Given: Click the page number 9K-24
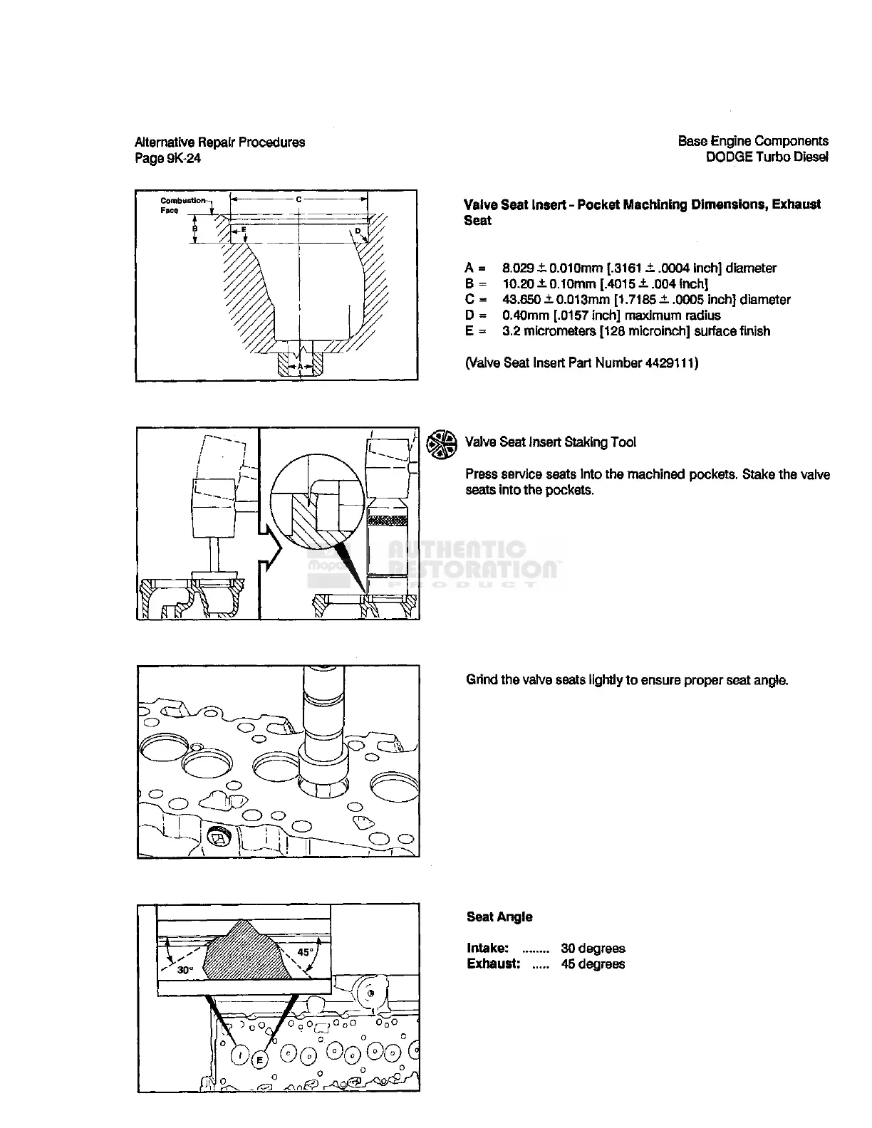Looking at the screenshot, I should point(183,158).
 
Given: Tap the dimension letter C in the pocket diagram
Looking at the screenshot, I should point(299,199).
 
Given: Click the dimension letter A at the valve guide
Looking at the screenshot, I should point(300,367).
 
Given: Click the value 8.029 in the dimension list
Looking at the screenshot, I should point(518,268).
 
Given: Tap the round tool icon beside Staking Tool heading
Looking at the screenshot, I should point(441,444).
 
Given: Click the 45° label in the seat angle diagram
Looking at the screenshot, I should point(305,952).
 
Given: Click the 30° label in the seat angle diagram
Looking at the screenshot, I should point(185,969).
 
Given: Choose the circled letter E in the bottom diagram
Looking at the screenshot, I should point(259,1060).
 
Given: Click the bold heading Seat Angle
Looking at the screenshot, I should point(499,916).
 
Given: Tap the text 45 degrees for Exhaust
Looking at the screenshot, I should point(593,964).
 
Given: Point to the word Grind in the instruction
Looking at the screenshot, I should point(482,680).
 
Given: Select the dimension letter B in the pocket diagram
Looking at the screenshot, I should point(195,229).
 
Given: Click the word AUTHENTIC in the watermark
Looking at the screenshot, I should point(457,550).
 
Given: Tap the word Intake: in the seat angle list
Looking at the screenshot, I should point(488,949).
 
